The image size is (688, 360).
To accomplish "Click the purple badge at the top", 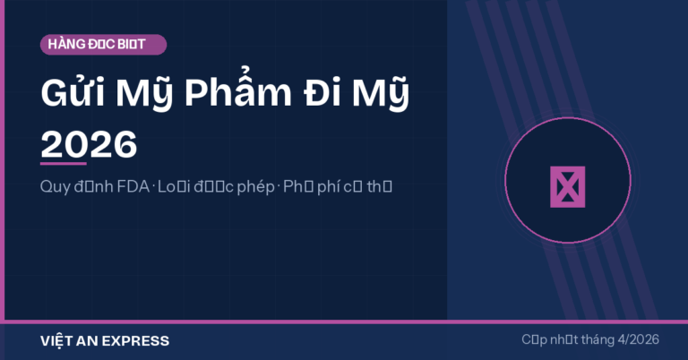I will (x=103, y=45).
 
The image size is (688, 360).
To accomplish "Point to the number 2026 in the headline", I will (x=89, y=143).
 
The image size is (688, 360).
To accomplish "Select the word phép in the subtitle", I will (x=255, y=189).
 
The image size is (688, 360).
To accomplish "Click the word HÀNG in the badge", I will (x=68, y=45).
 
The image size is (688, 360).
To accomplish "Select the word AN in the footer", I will (x=88, y=341).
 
